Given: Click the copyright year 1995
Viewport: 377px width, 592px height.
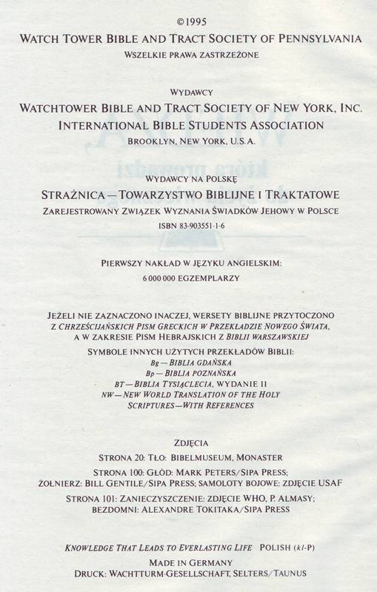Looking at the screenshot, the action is tap(193, 23).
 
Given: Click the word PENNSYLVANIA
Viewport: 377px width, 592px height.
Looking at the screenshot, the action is tap(319, 38).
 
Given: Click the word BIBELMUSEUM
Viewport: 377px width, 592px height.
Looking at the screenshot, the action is tap(204, 458).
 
